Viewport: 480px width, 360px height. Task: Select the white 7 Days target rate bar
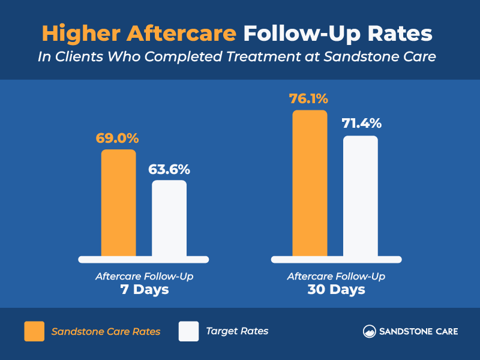(169, 218)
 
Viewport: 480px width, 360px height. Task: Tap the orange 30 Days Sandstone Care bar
(310, 184)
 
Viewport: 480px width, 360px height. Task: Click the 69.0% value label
(118, 138)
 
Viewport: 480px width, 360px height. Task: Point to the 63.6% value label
(169, 169)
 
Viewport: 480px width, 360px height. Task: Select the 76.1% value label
(310, 98)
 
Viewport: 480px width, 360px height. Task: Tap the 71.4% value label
(362, 124)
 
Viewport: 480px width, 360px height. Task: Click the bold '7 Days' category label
(144, 290)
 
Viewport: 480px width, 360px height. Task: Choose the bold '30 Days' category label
(336, 290)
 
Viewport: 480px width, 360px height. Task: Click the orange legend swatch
(34, 331)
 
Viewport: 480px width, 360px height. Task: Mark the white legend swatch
(188, 331)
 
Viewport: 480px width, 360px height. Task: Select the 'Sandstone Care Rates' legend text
(106, 331)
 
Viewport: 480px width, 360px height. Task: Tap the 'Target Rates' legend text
(237, 331)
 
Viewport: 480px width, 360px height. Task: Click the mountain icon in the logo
(370, 331)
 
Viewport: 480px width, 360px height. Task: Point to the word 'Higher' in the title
(80, 33)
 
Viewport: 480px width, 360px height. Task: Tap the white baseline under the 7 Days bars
(144, 259)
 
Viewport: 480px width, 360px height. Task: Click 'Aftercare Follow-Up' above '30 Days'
(336, 277)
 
